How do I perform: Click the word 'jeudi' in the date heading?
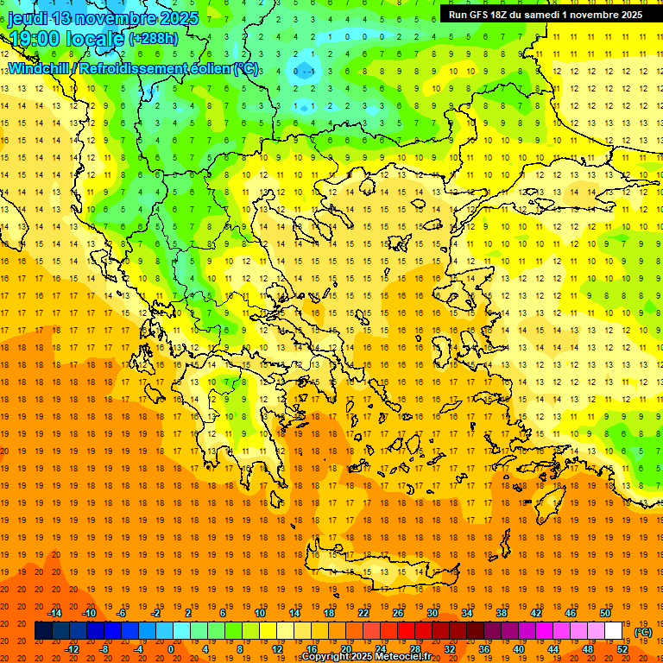click(x=28, y=18)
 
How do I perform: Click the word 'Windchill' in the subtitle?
click(x=41, y=68)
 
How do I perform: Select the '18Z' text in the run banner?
click(x=502, y=15)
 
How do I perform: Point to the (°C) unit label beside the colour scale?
click(x=643, y=632)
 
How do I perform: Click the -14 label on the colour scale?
click(x=55, y=613)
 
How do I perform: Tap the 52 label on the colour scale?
click(x=622, y=649)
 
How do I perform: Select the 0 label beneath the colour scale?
click(x=170, y=649)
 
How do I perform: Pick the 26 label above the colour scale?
click(x=398, y=613)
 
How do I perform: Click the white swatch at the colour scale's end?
click(x=613, y=631)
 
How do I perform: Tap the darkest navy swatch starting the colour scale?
click(x=43, y=631)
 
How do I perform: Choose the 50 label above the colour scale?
click(x=605, y=613)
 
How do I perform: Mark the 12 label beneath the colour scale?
click(x=277, y=649)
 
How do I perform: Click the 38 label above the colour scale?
click(x=502, y=613)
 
